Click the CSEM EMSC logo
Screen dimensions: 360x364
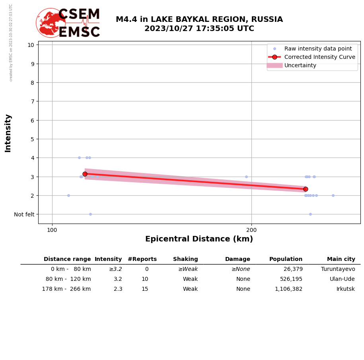(x=68, y=23)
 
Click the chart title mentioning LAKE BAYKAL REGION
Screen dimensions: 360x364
(x=199, y=24)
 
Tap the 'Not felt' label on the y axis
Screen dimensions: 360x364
(x=24, y=214)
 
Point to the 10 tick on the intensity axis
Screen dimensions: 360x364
(x=31, y=45)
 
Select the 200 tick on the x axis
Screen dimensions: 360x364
(x=251, y=230)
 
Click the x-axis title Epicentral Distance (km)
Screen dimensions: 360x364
(x=199, y=239)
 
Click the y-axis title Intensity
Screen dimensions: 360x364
(x=8, y=133)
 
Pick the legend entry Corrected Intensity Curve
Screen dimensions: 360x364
(x=319, y=57)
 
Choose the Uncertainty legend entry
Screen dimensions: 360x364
(x=300, y=65)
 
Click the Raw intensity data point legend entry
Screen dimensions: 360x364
(x=318, y=49)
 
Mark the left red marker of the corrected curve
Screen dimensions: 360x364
(x=85, y=174)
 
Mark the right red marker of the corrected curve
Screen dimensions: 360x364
(x=306, y=189)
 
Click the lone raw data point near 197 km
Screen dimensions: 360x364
(x=246, y=177)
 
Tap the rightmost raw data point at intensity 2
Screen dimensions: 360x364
(x=333, y=195)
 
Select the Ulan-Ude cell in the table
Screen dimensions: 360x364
(x=343, y=279)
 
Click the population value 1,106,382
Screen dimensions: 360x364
(x=288, y=289)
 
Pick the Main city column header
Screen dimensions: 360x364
(x=341, y=259)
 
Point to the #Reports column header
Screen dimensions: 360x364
(x=142, y=259)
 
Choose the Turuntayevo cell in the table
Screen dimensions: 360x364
(x=338, y=269)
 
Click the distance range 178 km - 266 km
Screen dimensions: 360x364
(x=66, y=289)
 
